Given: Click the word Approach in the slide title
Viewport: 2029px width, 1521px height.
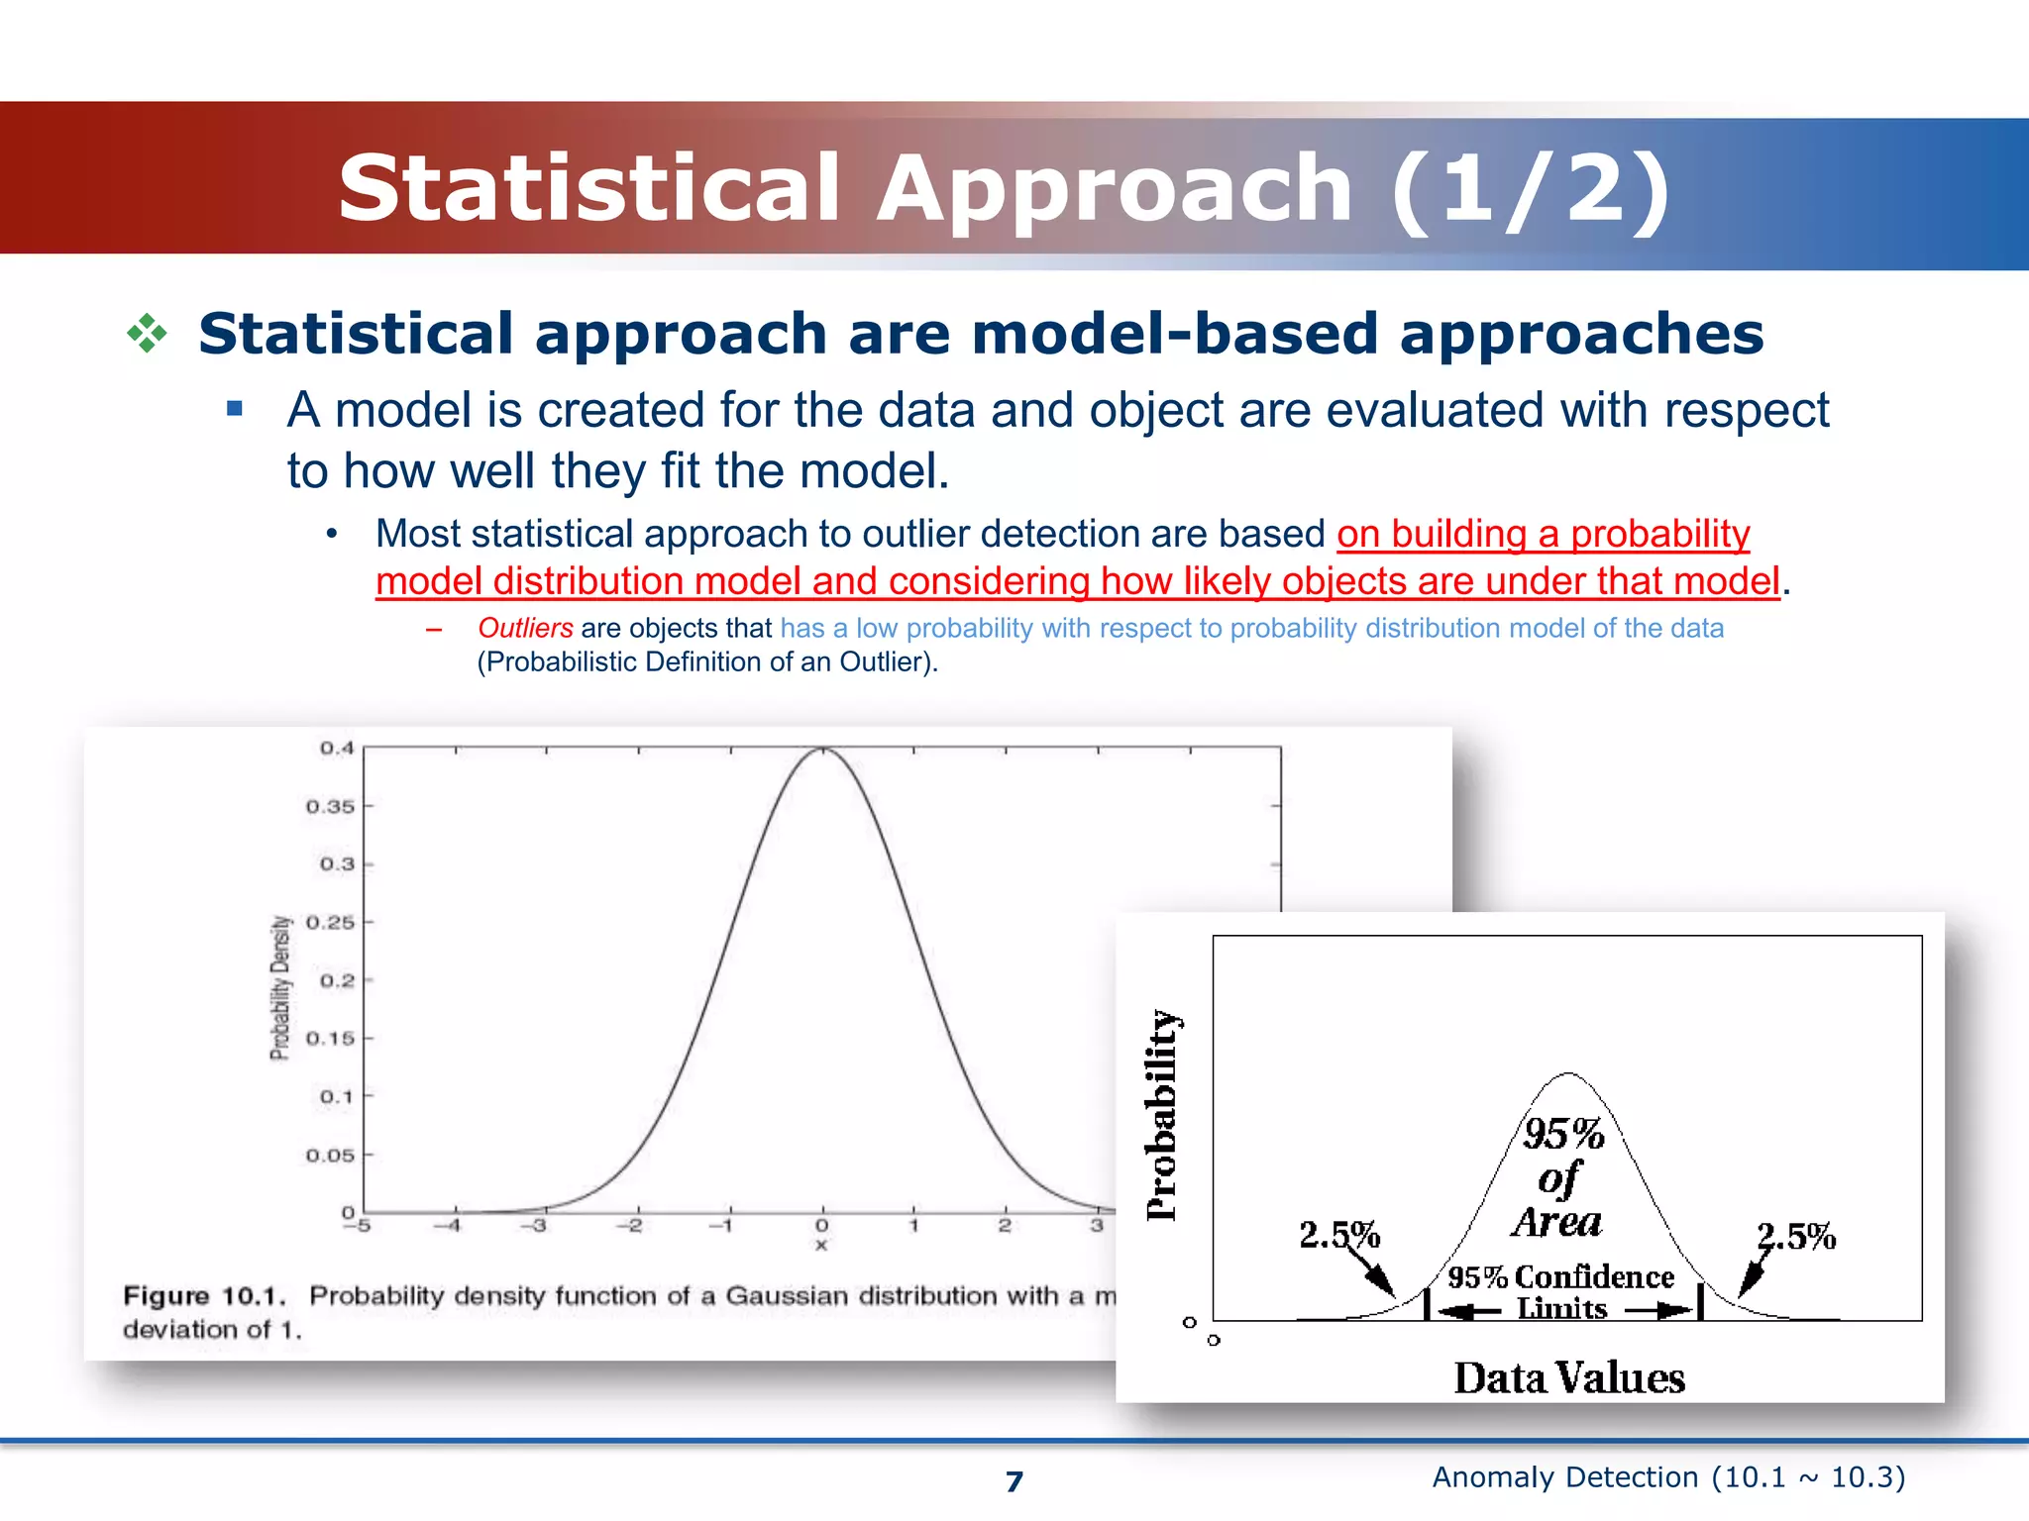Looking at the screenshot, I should coord(1115,190).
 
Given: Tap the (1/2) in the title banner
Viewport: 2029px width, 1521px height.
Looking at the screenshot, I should coord(1531,190).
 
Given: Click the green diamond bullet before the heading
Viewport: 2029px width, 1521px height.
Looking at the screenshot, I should coord(147,334).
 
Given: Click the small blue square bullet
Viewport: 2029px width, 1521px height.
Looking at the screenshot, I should coord(235,409).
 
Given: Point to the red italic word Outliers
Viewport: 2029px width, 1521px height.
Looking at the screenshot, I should coord(525,628).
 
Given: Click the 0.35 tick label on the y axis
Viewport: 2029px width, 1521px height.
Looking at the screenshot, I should coord(330,807).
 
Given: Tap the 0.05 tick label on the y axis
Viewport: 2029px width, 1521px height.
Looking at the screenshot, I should coord(330,1156).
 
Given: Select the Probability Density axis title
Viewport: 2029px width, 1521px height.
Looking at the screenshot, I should coord(281,987).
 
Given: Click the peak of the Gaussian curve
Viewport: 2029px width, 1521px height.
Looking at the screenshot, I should coord(822,750).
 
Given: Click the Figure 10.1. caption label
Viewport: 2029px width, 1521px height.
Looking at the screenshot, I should coord(204,1296).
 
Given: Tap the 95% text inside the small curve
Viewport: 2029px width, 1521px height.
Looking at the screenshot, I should coord(1563,1134).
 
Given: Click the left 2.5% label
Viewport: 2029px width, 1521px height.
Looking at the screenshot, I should coord(1339,1235).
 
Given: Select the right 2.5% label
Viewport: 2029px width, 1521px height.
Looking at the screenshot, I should coord(1796,1236).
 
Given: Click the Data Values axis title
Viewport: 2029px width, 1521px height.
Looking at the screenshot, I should coord(1569,1378).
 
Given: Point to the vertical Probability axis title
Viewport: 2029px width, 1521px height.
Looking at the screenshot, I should coord(1161,1115).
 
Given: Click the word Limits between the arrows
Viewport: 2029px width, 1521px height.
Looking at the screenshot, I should coord(1561,1309).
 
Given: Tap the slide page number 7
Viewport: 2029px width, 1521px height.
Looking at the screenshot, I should coord(1014,1481).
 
